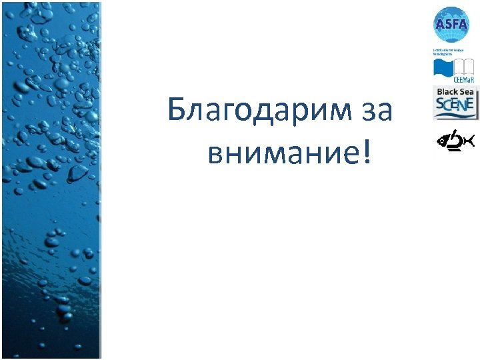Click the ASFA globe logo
tap(451, 25)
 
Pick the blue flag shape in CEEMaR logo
tap(443, 68)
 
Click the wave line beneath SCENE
tap(455, 115)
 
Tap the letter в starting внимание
tap(216, 154)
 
